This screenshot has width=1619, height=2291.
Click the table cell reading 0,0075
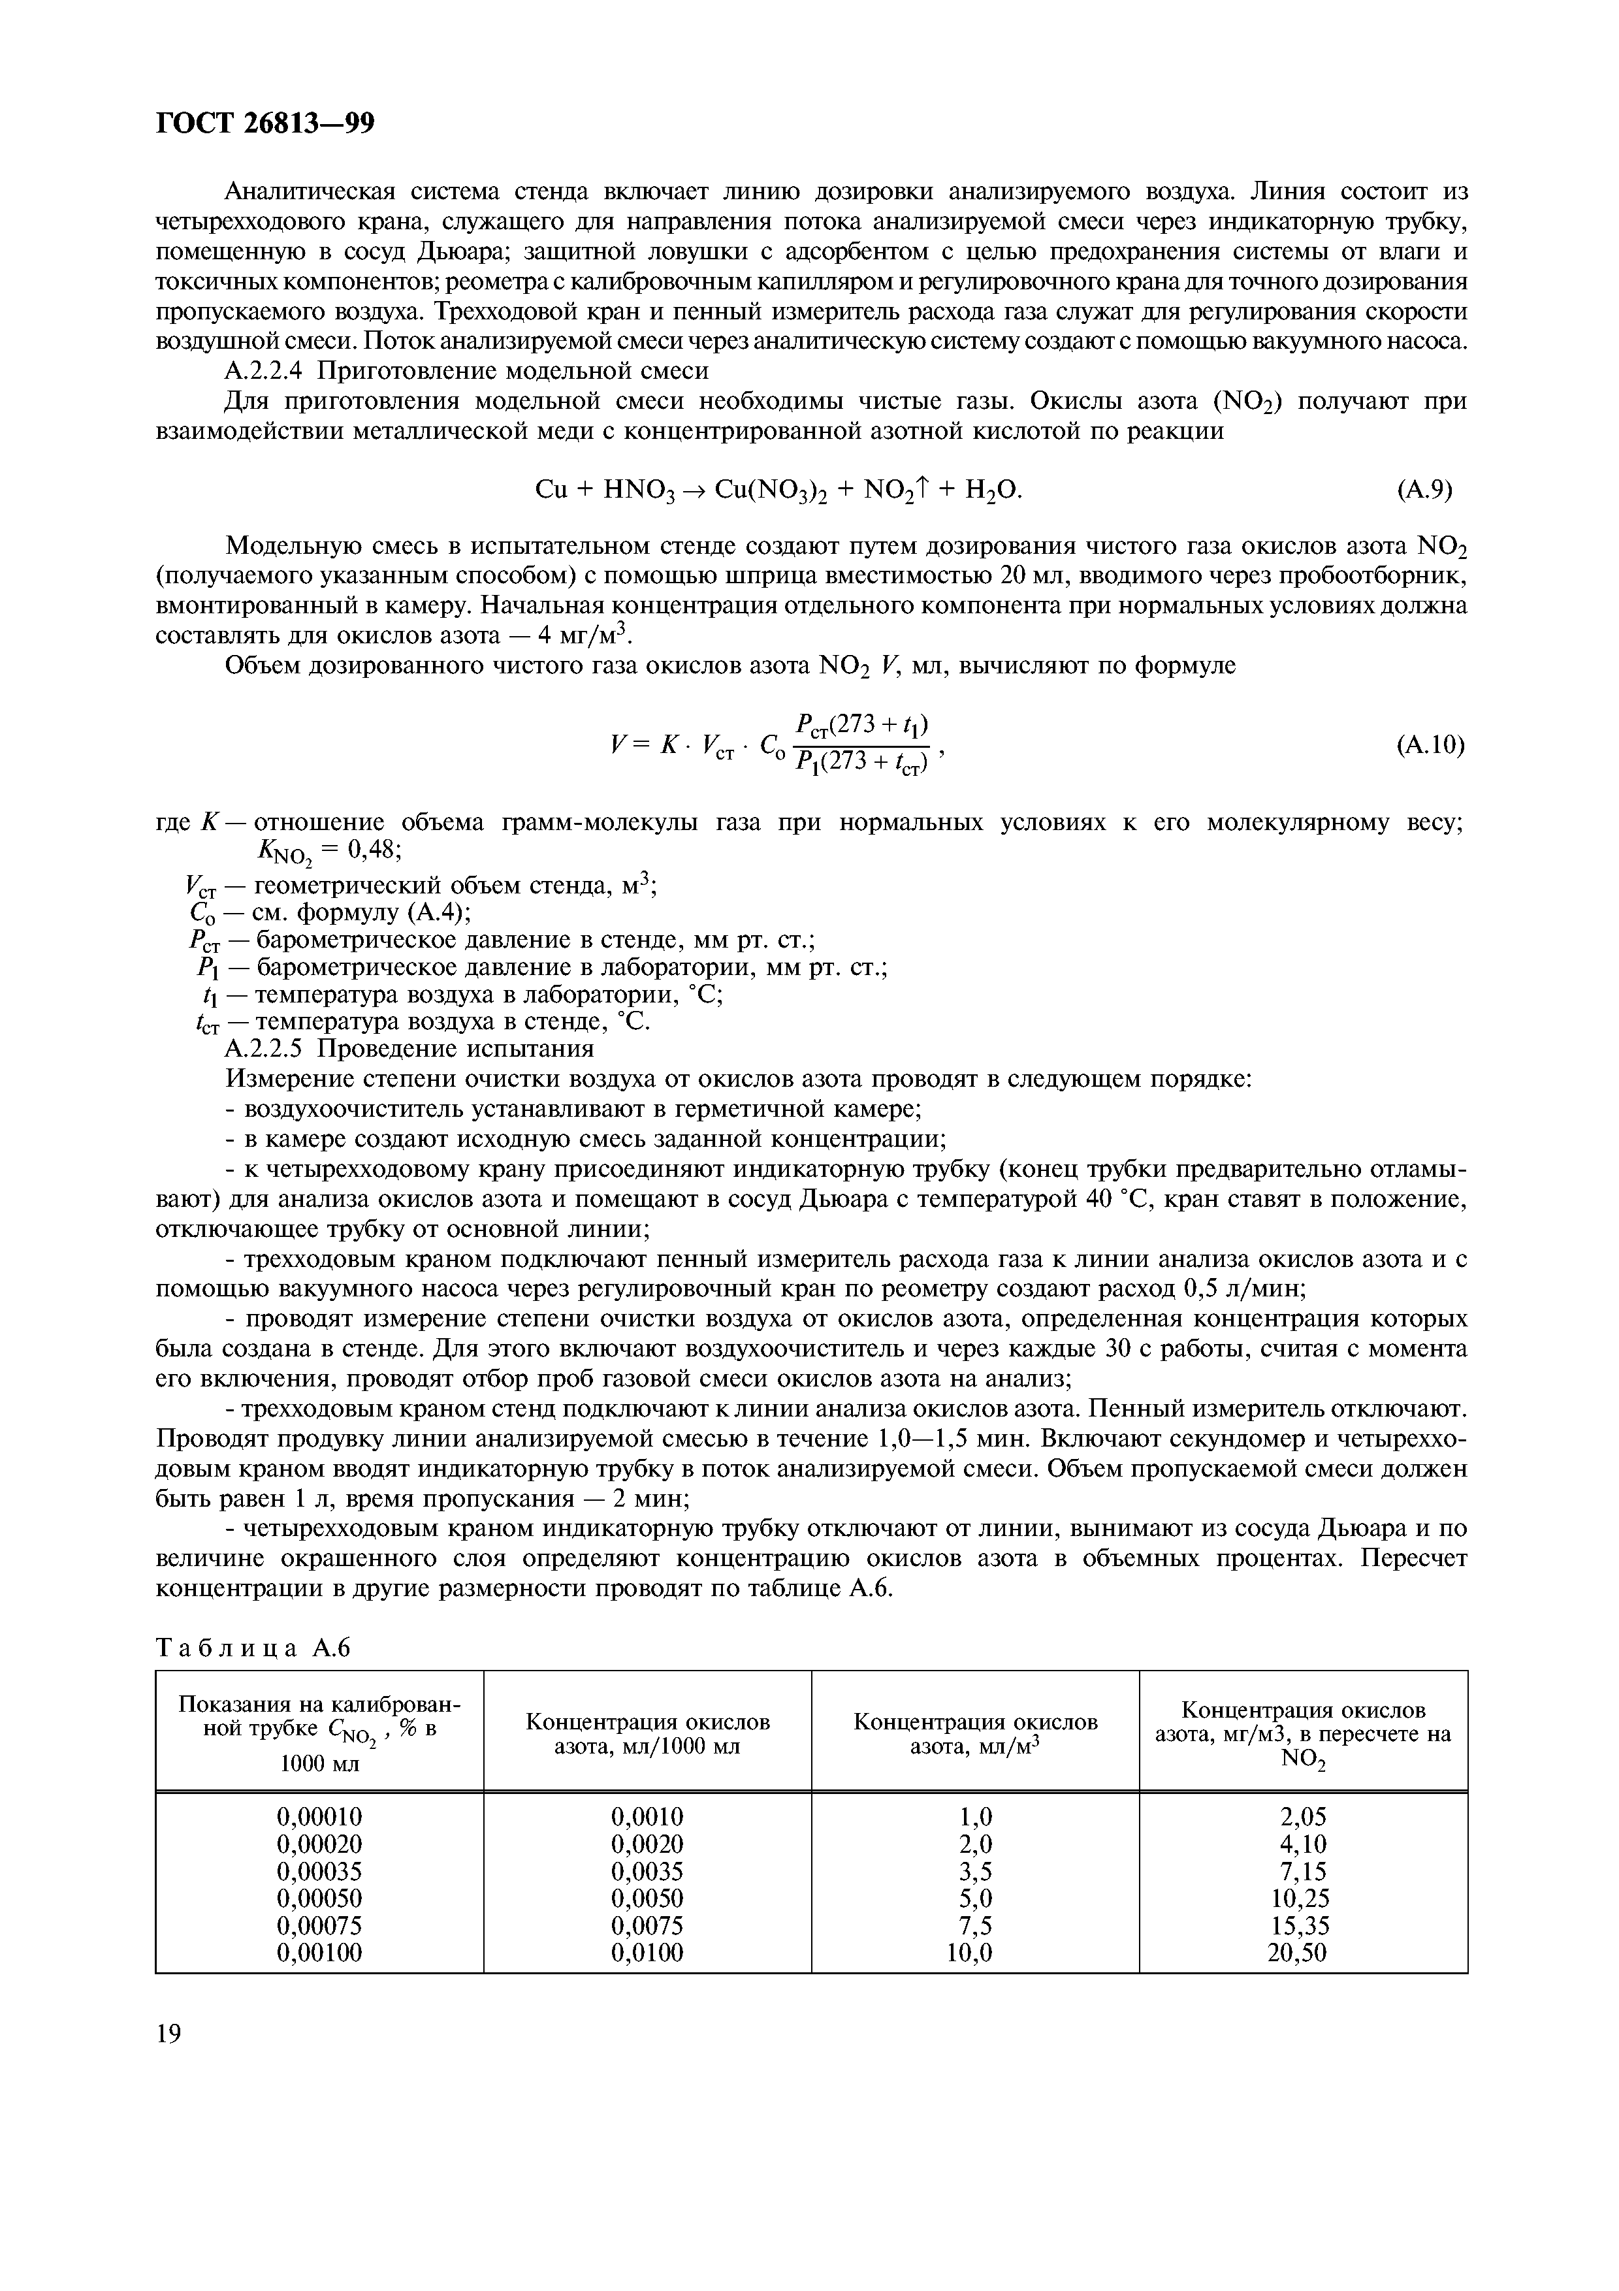tap(647, 1925)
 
